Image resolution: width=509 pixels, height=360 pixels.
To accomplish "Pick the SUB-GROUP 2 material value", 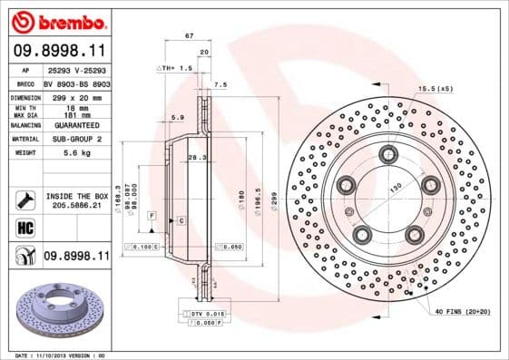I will point(73,139).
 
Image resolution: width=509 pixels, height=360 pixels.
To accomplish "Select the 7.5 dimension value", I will point(219,84).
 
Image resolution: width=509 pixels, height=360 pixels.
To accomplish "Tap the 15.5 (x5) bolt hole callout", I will point(436,88).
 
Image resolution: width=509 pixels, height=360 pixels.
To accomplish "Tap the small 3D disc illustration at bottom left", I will point(57,307).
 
